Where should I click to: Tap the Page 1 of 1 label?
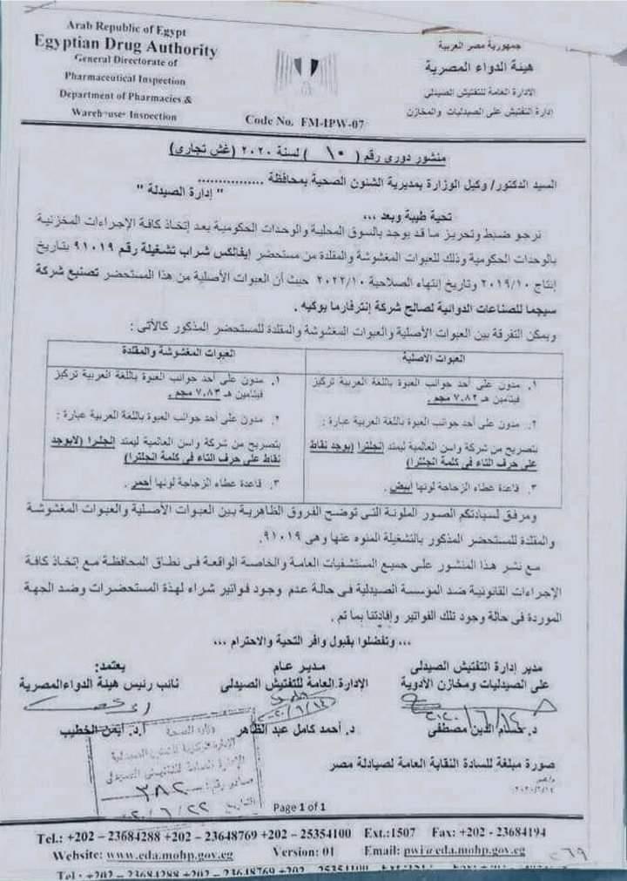click(300, 806)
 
